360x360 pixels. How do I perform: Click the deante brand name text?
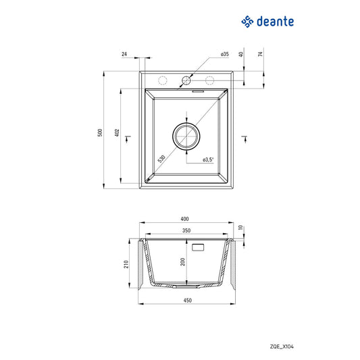point(275,23)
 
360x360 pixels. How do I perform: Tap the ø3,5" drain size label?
point(208,159)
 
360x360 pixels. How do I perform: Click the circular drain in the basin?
point(186,136)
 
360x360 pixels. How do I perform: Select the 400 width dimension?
point(185,219)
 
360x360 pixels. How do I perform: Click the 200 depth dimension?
point(182,262)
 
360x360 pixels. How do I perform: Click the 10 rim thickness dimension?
point(240,227)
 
